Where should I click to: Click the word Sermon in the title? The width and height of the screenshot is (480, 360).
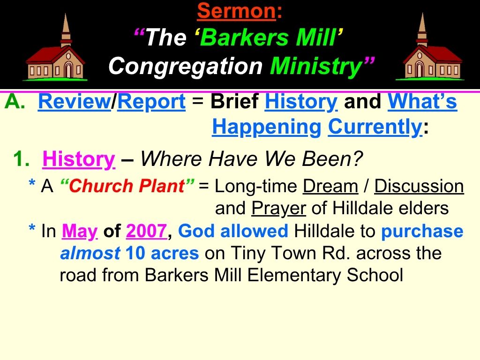coord(236,10)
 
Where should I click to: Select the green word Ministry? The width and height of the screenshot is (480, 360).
coord(315,66)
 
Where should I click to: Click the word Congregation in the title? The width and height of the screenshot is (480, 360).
coord(185,66)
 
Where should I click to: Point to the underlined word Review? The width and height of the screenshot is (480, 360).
coord(74,102)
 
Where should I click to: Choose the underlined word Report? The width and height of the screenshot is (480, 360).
coord(151,102)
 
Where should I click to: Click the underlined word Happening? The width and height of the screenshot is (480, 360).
coord(266,127)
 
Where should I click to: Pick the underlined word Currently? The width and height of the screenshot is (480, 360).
coord(375,127)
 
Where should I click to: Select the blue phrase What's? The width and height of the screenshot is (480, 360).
coord(422,102)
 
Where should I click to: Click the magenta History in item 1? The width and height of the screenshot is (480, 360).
coord(79,160)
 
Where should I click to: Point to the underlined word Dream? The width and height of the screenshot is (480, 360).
coord(330,187)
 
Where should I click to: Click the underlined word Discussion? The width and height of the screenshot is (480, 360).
coord(419,187)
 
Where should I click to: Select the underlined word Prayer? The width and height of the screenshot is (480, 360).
coord(278,208)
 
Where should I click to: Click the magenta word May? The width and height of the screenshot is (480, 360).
coord(79,231)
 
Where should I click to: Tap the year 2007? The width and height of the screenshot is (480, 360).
coord(146,231)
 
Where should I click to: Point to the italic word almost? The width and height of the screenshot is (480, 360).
coord(90,253)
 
